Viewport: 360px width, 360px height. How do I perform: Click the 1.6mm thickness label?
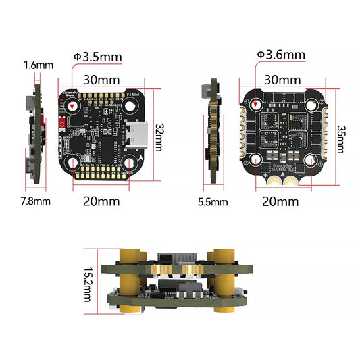coord(38,65)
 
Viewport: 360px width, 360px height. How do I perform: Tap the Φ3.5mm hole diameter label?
coord(99,56)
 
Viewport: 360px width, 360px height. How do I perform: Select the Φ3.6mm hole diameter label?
coord(280,55)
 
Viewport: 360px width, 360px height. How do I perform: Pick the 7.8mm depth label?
coord(34,201)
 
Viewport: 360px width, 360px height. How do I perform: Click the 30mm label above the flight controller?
coord(103,78)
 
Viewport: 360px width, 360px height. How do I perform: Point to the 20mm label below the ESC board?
coord(279,201)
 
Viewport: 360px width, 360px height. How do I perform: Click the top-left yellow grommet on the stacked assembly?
coord(130,257)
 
